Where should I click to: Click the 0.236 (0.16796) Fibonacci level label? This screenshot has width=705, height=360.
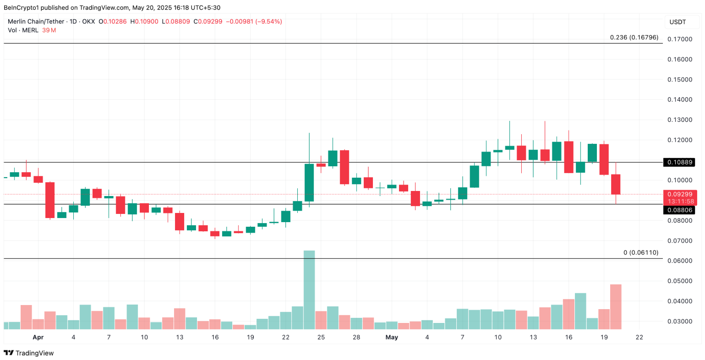click(634, 37)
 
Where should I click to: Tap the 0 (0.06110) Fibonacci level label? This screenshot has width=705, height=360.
click(641, 252)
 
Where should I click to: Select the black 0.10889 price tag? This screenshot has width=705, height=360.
click(679, 162)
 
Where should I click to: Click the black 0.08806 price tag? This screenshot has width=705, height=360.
click(679, 210)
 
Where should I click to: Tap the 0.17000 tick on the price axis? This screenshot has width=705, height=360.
click(679, 39)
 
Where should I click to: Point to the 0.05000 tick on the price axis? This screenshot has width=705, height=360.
click(679, 281)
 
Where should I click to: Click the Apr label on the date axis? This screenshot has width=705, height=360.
click(38, 338)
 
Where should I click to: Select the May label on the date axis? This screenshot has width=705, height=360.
click(392, 338)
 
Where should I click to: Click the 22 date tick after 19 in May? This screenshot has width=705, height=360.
click(639, 338)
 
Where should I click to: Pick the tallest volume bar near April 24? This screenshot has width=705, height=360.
click(309, 289)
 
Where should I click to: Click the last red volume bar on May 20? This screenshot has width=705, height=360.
click(616, 306)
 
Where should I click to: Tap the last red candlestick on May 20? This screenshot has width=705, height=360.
click(616, 184)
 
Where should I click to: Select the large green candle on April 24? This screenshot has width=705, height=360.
click(309, 182)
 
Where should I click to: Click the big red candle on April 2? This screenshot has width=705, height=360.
click(49, 200)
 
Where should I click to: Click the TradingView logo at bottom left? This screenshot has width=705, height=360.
click(28, 353)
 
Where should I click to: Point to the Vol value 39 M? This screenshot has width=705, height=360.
click(49, 30)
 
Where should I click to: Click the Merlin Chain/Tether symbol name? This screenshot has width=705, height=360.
click(36, 22)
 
